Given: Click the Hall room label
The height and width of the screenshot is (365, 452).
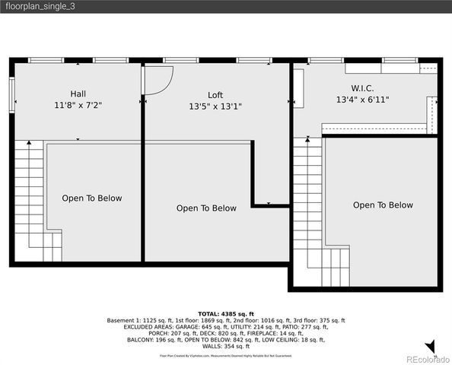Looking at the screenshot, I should (x=78, y=94).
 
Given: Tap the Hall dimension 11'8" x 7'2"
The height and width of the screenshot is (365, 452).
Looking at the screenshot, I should (x=78, y=105).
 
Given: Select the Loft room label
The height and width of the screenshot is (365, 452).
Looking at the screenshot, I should (x=215, y=95).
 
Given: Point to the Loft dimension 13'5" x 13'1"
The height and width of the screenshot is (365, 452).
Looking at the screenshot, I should (x=215, y=106).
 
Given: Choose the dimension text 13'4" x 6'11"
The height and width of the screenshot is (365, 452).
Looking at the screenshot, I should (x=362, y=100).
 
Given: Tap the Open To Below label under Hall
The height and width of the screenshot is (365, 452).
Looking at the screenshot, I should (x=92, y=198).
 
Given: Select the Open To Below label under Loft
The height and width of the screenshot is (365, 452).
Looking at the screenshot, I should (x=206, y=208).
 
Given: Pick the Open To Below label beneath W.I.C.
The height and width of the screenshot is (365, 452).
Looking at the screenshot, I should (x=383, y=205).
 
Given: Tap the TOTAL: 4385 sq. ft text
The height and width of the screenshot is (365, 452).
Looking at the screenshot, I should (x=225, y=314).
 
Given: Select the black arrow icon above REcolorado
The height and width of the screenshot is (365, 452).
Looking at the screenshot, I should (x=431, y=347).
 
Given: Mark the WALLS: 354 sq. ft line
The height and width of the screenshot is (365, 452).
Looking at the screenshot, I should (x=225, y=346).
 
